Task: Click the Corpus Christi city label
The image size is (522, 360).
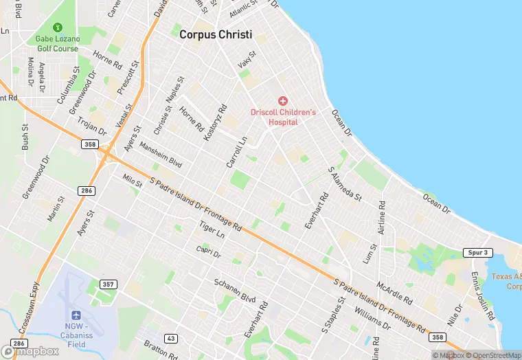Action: [x=216, y=34]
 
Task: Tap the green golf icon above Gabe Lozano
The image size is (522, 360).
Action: [x=58, y=28]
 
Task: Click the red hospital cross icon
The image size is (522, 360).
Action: [x=282, y=101]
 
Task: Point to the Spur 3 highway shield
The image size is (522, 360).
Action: [x=477, y=253]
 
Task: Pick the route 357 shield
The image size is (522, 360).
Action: [x=109, y=284]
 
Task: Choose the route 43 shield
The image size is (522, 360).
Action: [x=171, y=338]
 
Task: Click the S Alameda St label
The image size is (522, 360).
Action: [x=345, y=183]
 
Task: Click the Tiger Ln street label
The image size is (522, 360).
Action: [x=212, y=229]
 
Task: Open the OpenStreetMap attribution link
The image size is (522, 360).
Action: [x=492, y=355]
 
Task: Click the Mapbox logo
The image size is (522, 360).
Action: [x=31, y=350]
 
